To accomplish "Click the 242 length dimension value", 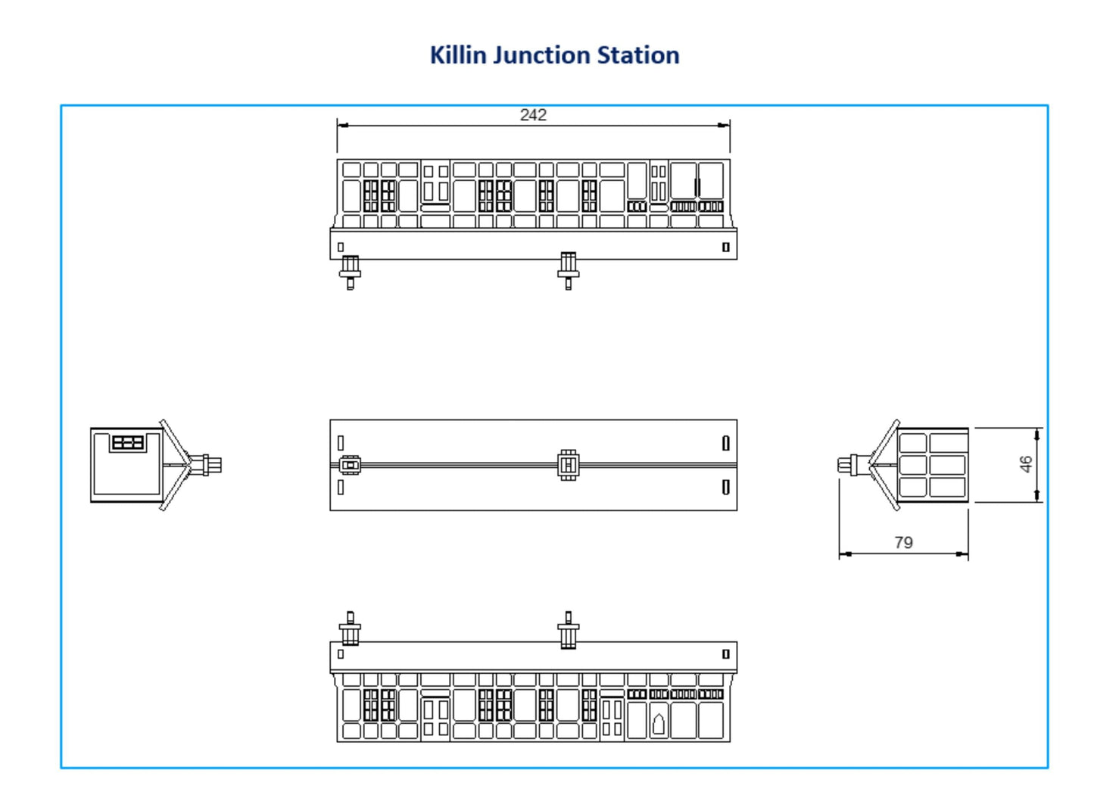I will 533,115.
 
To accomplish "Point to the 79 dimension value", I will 903,543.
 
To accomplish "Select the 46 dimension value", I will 1026,464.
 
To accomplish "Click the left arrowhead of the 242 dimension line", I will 343,126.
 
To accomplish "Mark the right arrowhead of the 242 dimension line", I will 725,126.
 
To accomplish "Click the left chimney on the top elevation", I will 350,271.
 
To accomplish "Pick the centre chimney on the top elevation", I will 568,270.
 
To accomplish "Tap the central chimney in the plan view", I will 568,465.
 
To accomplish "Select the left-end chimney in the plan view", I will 350,465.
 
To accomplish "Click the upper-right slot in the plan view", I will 725,443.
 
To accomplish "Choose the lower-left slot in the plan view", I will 341,487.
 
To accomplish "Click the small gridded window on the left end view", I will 127,443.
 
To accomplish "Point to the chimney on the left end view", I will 209,465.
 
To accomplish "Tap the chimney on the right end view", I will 849,465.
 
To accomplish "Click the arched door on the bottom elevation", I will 659,725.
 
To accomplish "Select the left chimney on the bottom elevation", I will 350,630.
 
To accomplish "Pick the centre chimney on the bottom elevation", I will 568,631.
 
